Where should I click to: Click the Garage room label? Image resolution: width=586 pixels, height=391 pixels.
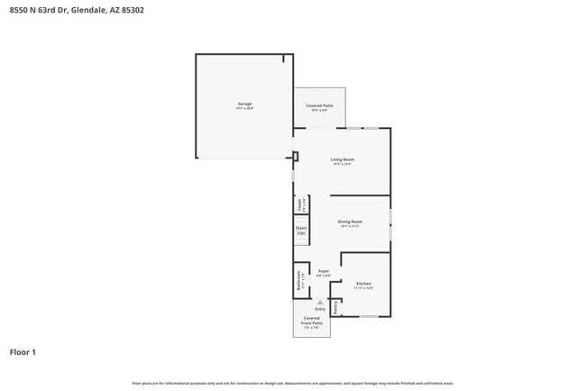coord(244,104)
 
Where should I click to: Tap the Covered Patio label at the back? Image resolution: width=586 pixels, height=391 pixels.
coord(319,105)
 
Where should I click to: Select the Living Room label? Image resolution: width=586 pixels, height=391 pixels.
coord(342,159)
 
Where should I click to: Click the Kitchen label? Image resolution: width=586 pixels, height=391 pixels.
coord(363,283)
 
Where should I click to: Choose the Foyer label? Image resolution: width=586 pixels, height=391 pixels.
coord(324,270)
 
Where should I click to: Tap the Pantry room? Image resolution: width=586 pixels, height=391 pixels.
coord(335,307)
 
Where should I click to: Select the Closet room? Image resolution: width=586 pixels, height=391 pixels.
coord(301,205)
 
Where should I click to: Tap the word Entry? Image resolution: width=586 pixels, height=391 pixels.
coord(319,309)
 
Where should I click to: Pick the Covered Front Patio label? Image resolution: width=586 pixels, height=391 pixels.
coord(311,321)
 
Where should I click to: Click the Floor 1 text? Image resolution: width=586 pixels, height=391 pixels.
coord(23,352)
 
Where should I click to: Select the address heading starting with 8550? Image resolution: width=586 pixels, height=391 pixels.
coord(76,11)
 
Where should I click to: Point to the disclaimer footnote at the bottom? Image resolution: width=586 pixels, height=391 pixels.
coord(292,383)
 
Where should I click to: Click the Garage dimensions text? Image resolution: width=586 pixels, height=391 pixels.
coord(244,109)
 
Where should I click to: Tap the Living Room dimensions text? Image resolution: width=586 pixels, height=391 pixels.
coord(342,165)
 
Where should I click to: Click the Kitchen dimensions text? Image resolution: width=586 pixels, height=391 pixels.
coord(363,288)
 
